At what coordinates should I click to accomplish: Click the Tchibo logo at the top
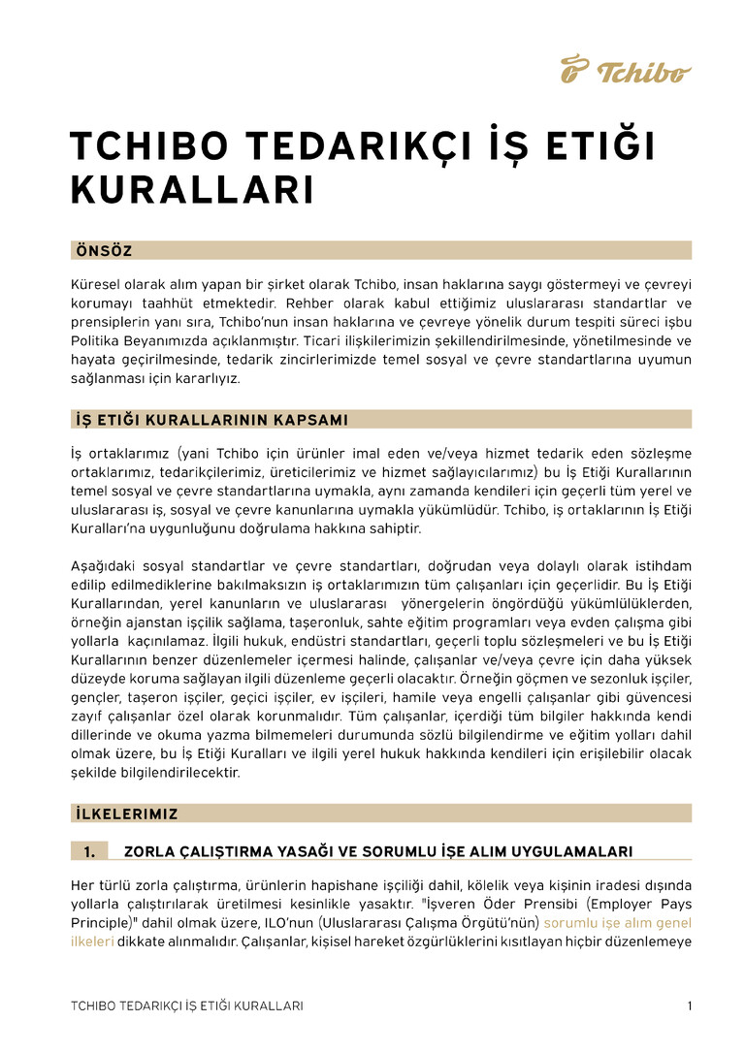coord(626,70)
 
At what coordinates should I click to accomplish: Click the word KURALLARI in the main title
coord(192,191)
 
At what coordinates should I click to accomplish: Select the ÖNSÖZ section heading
coord(104,251)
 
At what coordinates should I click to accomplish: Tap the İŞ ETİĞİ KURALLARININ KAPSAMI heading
coord(211,420)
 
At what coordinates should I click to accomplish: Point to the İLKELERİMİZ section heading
coord(126,814)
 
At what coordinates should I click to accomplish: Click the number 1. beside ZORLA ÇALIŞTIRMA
coord(89,851)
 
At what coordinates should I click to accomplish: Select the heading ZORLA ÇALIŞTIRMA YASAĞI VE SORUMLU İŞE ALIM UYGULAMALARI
coord(378,851)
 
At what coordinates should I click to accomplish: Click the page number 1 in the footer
coord(689,1005)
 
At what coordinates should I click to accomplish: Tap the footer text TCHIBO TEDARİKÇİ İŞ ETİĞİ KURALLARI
coord(187,1005)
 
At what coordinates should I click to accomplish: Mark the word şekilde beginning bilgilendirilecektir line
coord(94,773)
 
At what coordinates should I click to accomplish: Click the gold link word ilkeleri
coord(92,941)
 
